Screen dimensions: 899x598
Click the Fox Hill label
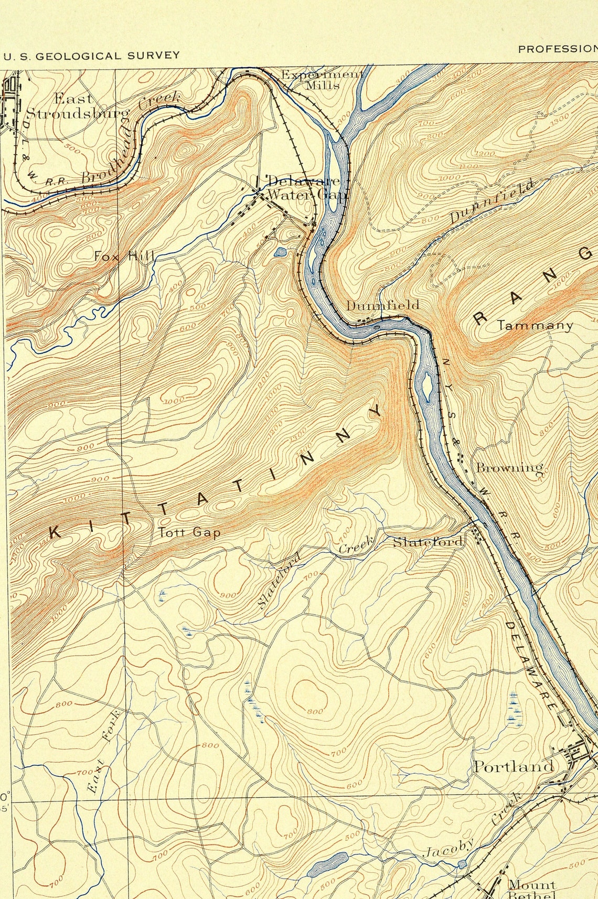124,256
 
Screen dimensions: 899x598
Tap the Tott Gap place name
189,532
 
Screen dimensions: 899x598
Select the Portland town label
514,766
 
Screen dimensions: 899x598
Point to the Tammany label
535,325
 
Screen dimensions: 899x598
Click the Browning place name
509,467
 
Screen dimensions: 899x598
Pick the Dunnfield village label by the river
382,305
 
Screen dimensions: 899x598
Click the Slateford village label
429,541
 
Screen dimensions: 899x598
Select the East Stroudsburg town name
76,106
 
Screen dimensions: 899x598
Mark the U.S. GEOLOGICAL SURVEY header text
91,55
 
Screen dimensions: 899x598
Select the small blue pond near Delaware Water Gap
280,252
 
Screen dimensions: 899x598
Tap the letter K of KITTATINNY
54,533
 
